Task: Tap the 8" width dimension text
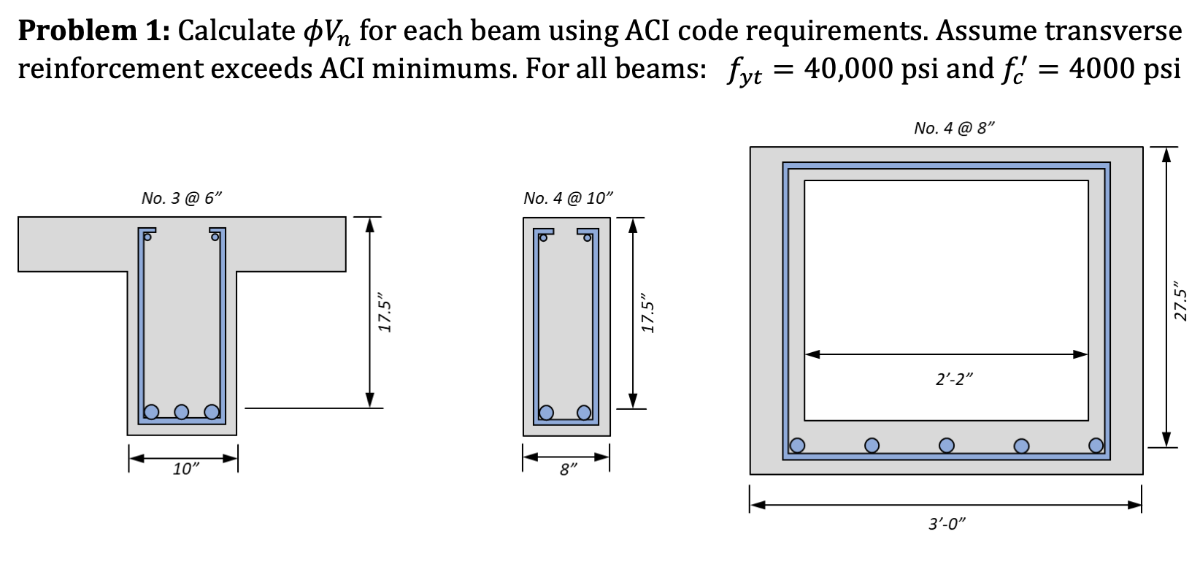(x=566, y=470)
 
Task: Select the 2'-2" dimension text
(x=955, y=379)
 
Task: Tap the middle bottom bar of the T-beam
(x=182, y=412)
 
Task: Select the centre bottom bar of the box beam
(x=947, y=445)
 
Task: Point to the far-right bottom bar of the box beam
(x=1096, y=445)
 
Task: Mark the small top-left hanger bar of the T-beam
(x=147, y=236)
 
